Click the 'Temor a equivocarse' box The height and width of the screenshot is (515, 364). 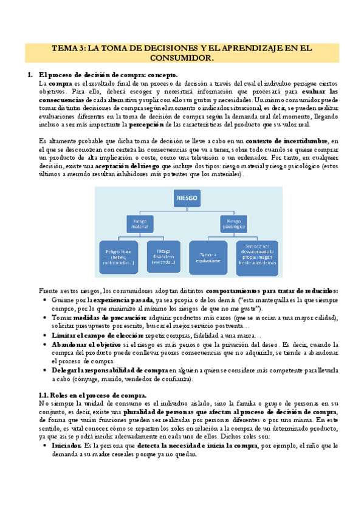pos(208,253)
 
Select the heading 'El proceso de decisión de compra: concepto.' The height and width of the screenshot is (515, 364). pos(108,75)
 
